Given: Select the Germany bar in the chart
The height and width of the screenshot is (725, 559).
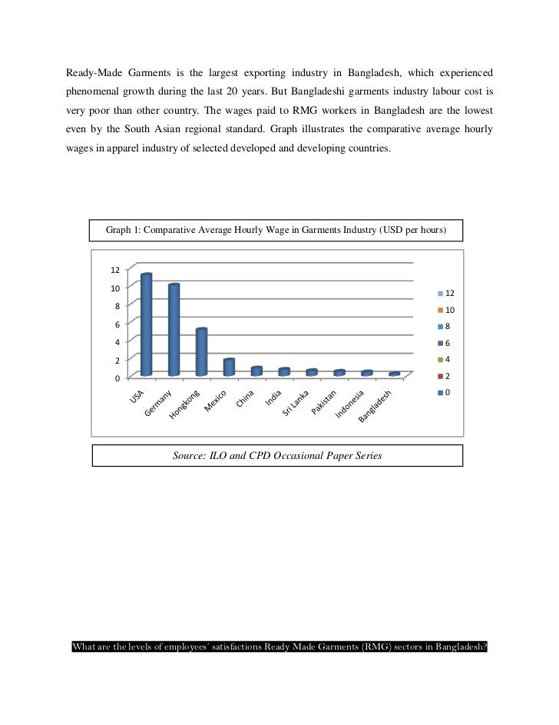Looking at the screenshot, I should [174, 330].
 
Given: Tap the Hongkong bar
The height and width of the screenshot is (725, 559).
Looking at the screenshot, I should [201, 352].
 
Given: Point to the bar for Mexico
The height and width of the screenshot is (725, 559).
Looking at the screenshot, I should [229, 367].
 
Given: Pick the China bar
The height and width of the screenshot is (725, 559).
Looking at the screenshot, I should [256, 371].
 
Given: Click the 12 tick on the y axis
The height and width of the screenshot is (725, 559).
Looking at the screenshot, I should [114, 270].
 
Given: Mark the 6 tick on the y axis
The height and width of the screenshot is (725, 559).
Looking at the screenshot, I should [117, 324].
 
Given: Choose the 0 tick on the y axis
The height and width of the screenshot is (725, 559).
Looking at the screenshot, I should [117, 378].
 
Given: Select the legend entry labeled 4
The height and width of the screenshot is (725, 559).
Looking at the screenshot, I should [448, 360].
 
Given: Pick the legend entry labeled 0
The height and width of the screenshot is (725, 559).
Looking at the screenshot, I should [448, 393].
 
